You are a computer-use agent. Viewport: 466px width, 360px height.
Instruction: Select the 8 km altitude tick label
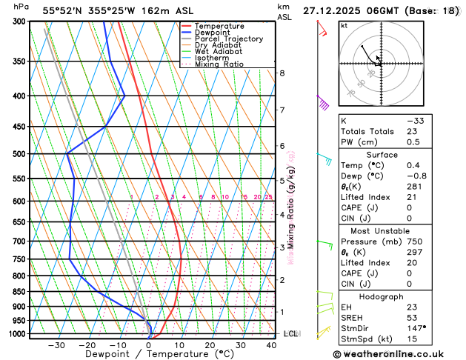tap(282, 73)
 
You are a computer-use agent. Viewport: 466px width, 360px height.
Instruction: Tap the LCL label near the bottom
tap(291, 334)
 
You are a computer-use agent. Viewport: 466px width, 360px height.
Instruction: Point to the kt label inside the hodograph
tap(344, 25)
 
